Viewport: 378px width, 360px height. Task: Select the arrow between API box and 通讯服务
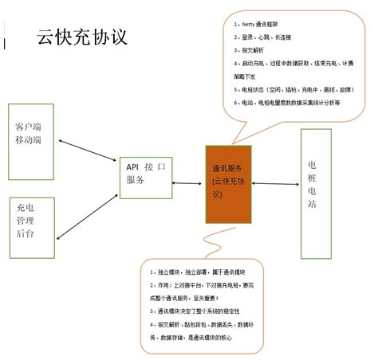(x=190, y=185)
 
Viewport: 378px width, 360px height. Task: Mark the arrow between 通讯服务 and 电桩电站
(x=278, y=185)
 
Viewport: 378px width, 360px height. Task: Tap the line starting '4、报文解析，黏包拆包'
(x=212, y=326)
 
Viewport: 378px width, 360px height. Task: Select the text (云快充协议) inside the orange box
(x=231, y=189)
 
